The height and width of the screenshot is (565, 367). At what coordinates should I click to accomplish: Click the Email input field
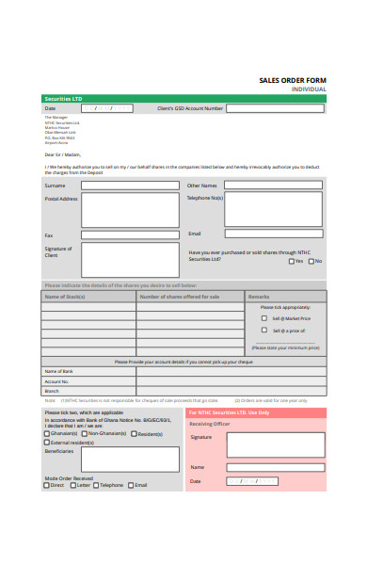click(273, 234)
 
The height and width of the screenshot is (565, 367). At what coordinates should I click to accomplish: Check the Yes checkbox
click(292, 261)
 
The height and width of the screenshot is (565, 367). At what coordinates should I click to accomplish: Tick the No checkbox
click(311, 261)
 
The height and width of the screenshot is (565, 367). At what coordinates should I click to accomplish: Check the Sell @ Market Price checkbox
click(264, 318)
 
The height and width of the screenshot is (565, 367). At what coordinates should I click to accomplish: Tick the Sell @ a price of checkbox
click(264, 331)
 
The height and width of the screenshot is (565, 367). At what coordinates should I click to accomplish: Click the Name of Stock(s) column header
click(88, 297)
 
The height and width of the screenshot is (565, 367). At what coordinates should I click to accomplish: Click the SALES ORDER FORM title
click(292, 80)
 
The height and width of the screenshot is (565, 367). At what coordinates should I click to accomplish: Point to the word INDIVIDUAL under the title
click(309, 89)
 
